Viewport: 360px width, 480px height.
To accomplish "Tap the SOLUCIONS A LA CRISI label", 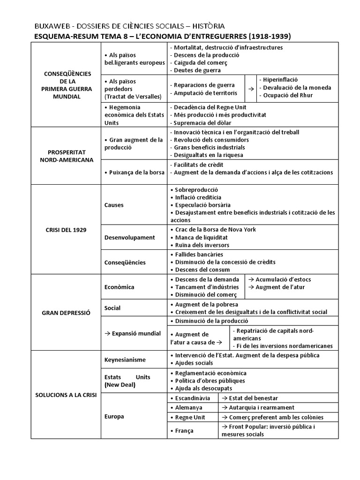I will [x=66, y=395].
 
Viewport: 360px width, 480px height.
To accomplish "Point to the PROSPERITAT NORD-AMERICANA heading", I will [x=66, y=156].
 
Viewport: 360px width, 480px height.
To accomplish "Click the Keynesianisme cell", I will [x=125, y=360].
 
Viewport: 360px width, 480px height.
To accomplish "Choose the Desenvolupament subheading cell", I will [x=129, y=237].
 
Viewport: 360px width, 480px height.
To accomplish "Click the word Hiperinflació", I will [x=280, y=80].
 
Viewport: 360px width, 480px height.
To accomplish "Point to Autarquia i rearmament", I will [x=258, y=407].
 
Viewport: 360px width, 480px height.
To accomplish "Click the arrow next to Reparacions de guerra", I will [x=251, y=88].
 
